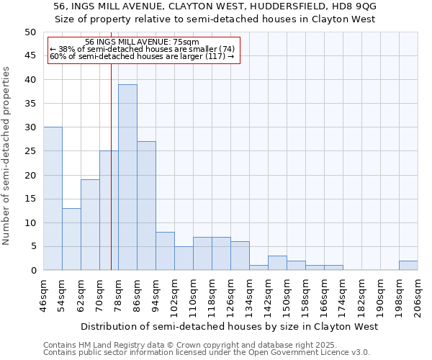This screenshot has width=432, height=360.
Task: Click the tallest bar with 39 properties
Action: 127,177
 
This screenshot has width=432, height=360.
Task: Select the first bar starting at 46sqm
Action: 53,199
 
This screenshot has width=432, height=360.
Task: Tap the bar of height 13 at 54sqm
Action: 71,239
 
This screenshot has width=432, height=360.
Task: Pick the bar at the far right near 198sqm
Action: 408,266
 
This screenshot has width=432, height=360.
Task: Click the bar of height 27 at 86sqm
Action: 146,206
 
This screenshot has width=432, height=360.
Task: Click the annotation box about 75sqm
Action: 142,50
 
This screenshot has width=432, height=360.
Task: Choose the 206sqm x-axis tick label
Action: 418,296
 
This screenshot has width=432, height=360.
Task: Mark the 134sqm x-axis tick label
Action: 249,296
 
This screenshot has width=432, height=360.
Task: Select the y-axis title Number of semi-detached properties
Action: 7,156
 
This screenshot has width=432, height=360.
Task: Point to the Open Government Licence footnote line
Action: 207,353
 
